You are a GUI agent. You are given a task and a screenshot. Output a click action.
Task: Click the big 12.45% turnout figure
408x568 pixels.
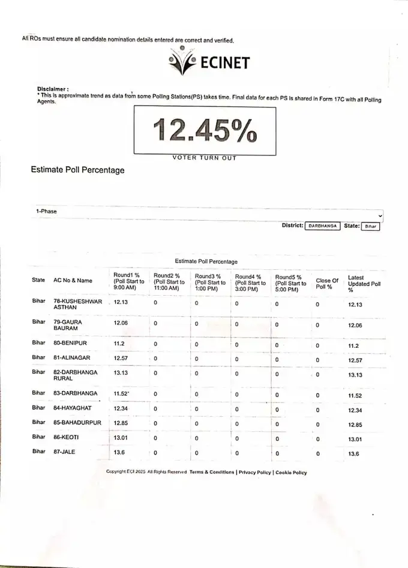pos(204,131)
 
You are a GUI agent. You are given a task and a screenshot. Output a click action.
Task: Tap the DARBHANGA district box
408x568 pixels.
pos(322,226)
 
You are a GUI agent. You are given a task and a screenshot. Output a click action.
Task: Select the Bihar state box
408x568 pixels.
pos(371,226)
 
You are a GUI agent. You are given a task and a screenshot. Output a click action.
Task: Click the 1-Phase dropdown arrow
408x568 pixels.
pos(381,215)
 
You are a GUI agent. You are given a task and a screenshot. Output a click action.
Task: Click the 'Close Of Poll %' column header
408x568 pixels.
pos(327,283)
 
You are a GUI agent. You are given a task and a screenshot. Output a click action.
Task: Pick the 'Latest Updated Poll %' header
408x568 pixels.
pos(364,284)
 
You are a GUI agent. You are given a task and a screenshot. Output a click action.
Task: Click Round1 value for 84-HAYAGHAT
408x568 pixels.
pos(121,408)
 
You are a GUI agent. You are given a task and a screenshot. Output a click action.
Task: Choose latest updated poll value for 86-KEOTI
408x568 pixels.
pos(356,439)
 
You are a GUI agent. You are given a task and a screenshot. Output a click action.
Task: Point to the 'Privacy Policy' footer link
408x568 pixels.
pos(254,473)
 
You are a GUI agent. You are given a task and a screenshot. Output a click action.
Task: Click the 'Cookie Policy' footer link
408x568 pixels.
pos(291,473)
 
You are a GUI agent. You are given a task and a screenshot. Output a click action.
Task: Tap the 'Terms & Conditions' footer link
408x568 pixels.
pos(212,473)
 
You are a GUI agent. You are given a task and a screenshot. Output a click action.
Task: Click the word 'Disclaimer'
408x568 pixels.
pos(52,89)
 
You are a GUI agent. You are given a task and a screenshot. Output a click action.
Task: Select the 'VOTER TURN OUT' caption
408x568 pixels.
pos(204,158)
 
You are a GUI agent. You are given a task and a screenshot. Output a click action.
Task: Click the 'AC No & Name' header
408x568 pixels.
pos(73,280)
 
